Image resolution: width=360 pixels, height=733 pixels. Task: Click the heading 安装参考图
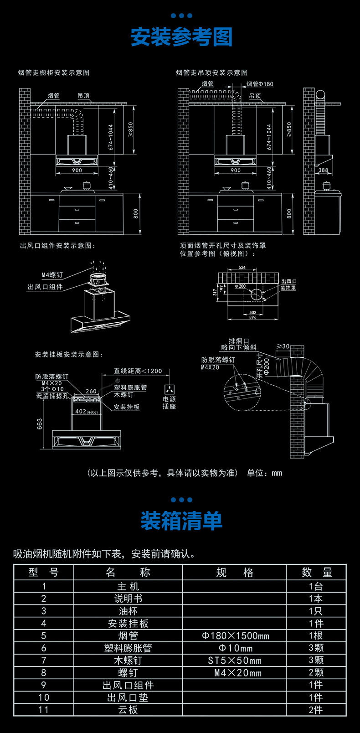pos(181,37)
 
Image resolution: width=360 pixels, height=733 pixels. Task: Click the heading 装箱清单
pos(181,521)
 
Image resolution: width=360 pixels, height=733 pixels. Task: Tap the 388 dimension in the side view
pos(323,170)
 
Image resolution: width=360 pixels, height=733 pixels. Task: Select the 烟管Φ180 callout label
pos(260,84)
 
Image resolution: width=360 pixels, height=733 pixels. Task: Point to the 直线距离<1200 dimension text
pos(138,371)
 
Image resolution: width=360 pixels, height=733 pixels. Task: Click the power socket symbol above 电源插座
pos(169,390)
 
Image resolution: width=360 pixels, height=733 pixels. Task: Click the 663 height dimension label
pos(40,423)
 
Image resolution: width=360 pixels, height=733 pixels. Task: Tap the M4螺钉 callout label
pos(52,275)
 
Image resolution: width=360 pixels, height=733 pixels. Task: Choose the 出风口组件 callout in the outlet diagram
pos(45,287)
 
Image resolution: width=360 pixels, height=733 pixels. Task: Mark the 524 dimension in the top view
pos(242,268)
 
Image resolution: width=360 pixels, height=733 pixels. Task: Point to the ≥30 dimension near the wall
pos(283,346)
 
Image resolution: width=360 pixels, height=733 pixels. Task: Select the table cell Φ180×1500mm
pos(235,635)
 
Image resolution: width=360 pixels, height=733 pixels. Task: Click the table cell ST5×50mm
pos(235,660)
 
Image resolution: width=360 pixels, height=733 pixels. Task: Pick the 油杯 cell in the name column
pos(128,611)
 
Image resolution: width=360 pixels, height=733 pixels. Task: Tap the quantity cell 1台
pos(316,586)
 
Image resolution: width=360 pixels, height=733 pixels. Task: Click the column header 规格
pos(235,573)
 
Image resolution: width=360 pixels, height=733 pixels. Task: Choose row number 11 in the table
pos(44,710)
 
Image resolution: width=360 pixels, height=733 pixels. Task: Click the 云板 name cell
pos(128,710)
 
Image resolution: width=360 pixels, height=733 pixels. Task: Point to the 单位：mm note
pos(265,473)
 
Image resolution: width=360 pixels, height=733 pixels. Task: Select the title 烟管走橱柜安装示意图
pos(54,72)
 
